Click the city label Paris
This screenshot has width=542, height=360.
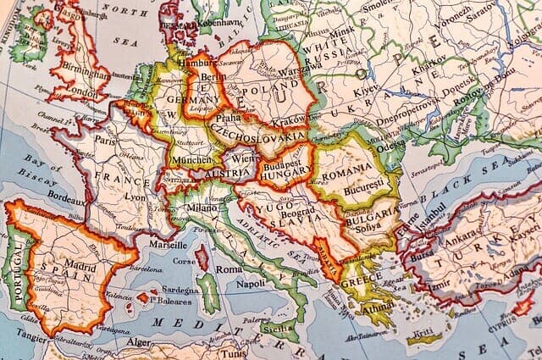[x=104, y=141]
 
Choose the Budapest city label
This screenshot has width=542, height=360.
[x=283, y=158]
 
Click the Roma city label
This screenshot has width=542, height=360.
[x=228, y=269]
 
